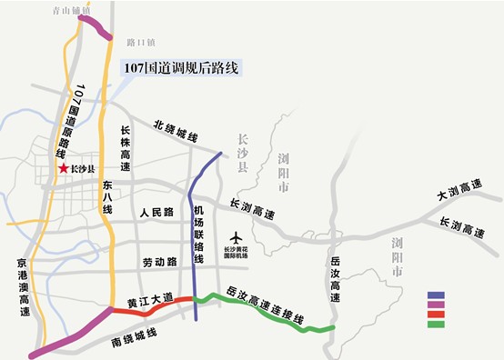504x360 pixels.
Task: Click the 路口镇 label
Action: [x=142, y=42]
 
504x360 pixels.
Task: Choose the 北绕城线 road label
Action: [x=176, y=131]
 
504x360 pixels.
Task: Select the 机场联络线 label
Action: [x=199, y=235]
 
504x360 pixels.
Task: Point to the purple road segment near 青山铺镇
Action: [x=96, y=27]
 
